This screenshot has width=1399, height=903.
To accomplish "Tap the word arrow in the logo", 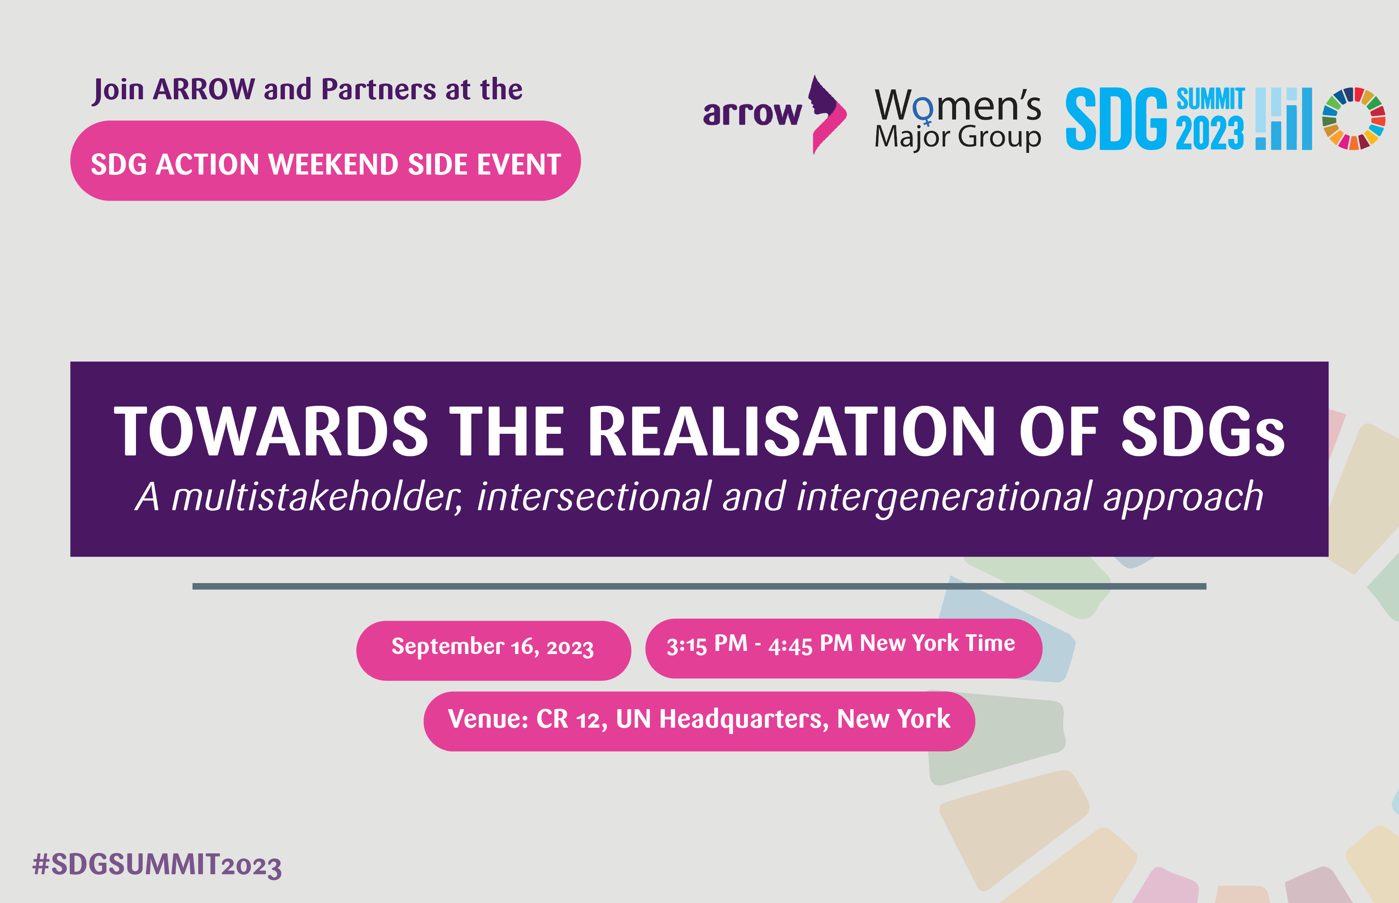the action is click(x=752, y=113).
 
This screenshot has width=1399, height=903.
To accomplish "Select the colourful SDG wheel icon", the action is click(x=1353, y=119).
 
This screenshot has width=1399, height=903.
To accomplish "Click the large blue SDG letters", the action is click(x=1116, y=119).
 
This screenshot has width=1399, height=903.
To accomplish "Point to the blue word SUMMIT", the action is click(x=1210, y=99).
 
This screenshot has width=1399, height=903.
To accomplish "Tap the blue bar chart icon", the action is click(x=1284, y=119).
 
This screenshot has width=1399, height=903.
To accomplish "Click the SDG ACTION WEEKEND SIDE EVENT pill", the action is click(x=326, y=161).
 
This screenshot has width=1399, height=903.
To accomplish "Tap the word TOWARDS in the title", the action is click(x=271, y=431).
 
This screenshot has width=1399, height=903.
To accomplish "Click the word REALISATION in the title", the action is click(x=791, y=431).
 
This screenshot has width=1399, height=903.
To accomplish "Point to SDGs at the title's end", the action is click(x=1203, y=431).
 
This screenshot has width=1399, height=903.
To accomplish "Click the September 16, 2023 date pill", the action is click(x=494, y=651).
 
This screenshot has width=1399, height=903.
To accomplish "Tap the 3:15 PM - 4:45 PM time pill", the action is click(x=844, y=648).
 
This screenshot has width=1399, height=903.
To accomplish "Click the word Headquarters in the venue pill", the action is click(x=744, y=719).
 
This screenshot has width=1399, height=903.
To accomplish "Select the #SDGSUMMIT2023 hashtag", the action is click(x=157, y=866).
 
